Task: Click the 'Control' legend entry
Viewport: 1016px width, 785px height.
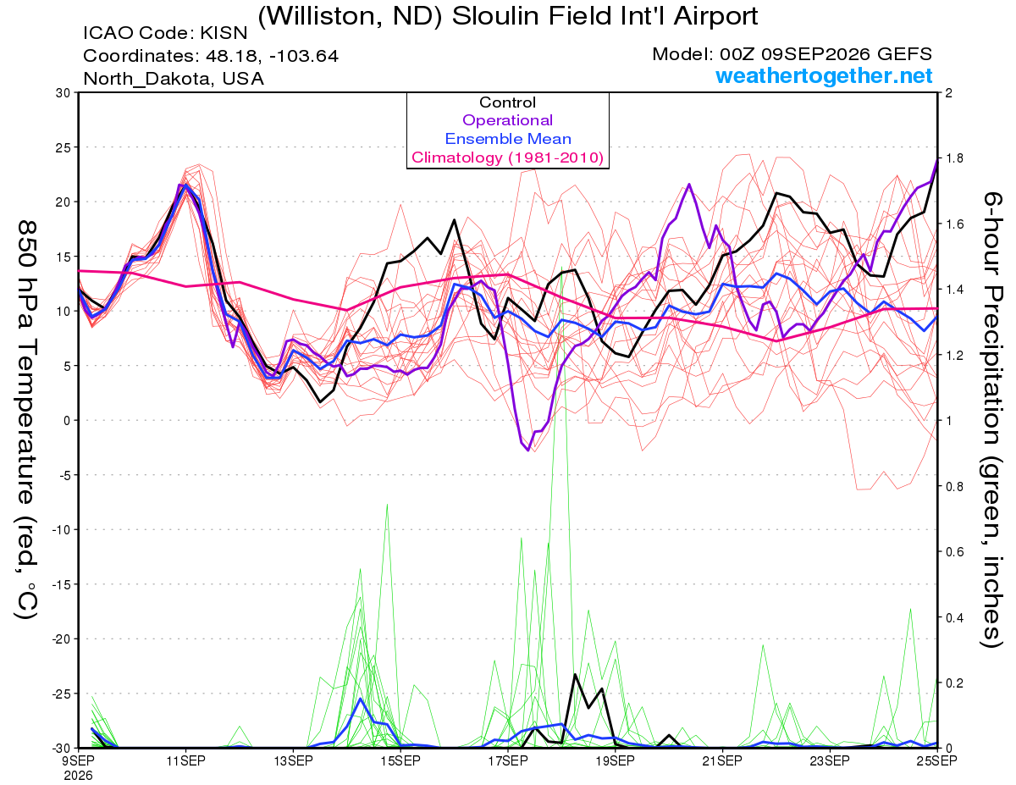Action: pyautogui.click(x=507, y=102)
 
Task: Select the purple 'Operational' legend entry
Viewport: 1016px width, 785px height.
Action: pyautogui.click(x=507, y=120)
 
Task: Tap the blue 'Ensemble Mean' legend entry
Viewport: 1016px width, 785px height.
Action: pyautogui.click(x=508, y=139)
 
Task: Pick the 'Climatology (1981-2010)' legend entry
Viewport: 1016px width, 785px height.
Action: pyautogui.click(x=507, y=158)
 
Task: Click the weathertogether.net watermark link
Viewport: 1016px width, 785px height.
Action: pyautogui.click(x=824, y=75)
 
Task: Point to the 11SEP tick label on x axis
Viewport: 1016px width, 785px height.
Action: pyautogui.click(x=185, y=760)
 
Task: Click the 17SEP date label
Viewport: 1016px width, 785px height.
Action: pyautogui.click(x=508, y=760)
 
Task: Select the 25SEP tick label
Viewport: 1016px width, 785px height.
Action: pyautogui.click(x=937, y=760)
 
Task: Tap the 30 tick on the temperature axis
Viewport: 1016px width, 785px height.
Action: pyautogui.click(x=63, y=93)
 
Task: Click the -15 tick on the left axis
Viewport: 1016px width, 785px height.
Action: pyautogui.click(x=61, y=584)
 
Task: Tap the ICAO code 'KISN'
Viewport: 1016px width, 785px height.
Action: pyautogui.click(x=224, y=33)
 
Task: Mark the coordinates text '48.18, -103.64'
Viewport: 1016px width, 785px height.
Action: pyautogui.click(x=272, y=56)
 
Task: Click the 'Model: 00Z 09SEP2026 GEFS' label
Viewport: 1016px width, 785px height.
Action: pyautogui.click(x=792, y=54)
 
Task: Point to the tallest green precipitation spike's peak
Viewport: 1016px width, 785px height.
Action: pyautogui.click(x=561, y=267)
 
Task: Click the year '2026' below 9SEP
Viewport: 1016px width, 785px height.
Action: pyautogui.click(x=78, y=776)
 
